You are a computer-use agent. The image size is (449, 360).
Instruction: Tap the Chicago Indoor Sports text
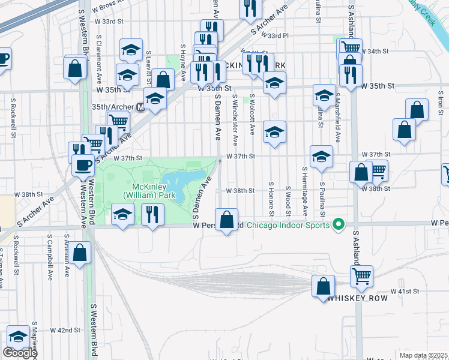288,226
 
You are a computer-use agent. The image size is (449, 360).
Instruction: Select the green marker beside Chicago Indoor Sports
339,226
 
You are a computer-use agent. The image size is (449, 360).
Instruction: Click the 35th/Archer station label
113,107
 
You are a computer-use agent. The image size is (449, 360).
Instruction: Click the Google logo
20,353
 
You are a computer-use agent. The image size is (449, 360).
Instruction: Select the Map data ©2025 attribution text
423,355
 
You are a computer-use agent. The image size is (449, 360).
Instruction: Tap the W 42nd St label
65,330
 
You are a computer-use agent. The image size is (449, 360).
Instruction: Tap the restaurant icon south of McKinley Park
152,215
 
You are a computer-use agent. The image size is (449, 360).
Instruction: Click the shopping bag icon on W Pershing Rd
227,220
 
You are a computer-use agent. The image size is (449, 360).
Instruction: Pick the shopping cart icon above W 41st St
361,275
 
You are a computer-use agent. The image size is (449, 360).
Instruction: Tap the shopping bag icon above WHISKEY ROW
324,286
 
